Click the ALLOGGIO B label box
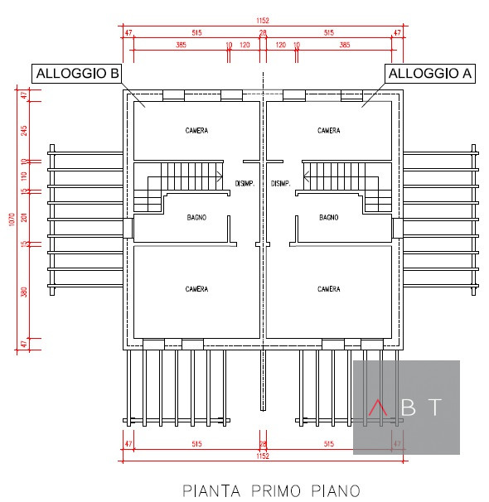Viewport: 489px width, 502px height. [76, 74]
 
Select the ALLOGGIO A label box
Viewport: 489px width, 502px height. [430, 74]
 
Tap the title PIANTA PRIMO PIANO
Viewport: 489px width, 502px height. [271, 490]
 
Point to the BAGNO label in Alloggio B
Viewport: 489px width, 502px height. [196, 217]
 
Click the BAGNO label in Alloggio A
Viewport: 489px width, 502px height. [329, 217]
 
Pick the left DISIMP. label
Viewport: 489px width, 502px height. [244, 184]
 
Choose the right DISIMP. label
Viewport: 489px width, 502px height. [280, 184]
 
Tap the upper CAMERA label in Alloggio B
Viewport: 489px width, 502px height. [196, 131]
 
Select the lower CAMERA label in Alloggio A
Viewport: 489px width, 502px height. [329, 289]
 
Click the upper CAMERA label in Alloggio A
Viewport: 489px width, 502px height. [329, 131]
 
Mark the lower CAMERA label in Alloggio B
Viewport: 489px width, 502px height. [196, 289]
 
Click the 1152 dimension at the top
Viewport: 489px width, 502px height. [263, 21]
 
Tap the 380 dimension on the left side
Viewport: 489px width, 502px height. [24, 291]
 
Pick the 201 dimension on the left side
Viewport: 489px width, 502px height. [24, 217]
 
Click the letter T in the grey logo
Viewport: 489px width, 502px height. [436, 407]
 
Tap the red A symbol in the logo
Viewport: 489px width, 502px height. [378, 408]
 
